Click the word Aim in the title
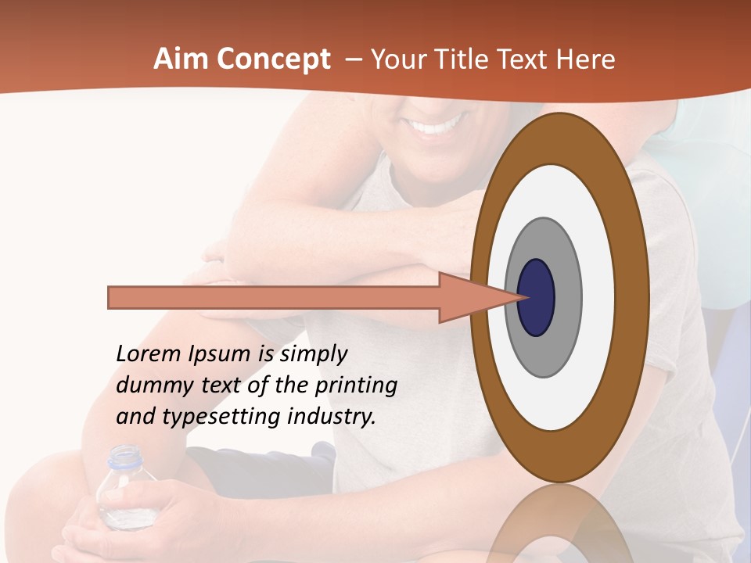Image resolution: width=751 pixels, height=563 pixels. pos(181,59)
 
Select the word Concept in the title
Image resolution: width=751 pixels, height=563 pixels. pos(272,59)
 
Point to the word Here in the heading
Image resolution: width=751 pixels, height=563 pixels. pos(587,59)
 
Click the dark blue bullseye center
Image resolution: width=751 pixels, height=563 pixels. pos(537,297)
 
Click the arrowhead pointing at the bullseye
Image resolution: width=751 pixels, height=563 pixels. pos(477,297)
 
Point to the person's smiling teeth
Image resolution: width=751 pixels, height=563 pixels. pos(438,126)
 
